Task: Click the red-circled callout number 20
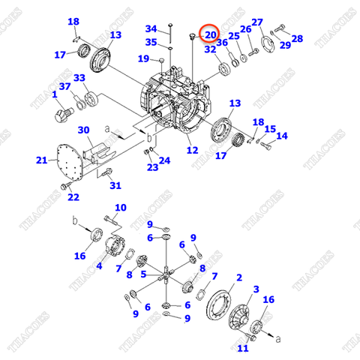210,35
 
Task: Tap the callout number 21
41,160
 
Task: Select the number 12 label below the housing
193,151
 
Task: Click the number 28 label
297,38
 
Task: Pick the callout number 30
83,130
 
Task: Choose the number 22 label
73,197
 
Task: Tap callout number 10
120,208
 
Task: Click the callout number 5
145,274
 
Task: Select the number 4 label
99,265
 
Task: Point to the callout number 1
55,95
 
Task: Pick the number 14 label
282,136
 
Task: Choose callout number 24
163,160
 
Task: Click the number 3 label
256,289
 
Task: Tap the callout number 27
257,22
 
